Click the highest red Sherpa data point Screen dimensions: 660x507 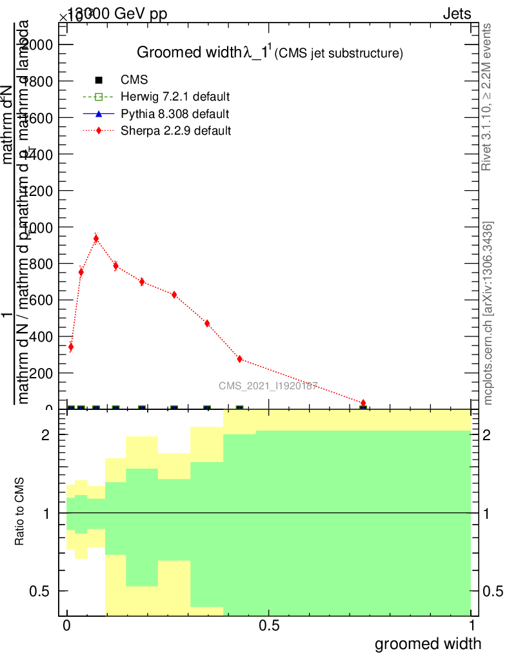[x=96, y=238]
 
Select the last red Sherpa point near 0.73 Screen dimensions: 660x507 [x=363, y=403]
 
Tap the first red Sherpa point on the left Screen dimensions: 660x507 [x=70, y=347]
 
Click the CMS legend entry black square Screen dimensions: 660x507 [x=99, y=80]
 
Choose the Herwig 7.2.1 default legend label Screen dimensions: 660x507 [x=175, y=97]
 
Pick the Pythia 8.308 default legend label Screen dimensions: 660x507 [x=175, y=114]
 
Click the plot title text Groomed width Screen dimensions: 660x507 [x=189, y=53]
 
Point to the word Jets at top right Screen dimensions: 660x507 [x=457, y=14]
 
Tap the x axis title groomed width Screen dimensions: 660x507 [x=428, y=643]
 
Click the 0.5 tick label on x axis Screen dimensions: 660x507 [x=268, y=626]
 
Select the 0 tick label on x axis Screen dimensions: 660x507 [x=66, y=626]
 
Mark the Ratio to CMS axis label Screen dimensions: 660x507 [x=20, y=513]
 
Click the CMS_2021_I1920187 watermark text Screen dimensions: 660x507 [x=268, y=386]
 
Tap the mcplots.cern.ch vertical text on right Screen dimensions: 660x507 [x=488, y=313]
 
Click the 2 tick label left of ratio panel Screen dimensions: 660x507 [x=54, y=435]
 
